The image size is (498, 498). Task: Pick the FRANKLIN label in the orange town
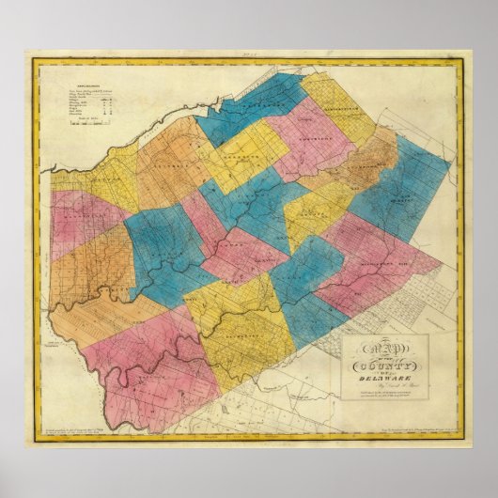(x=169, y=174)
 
